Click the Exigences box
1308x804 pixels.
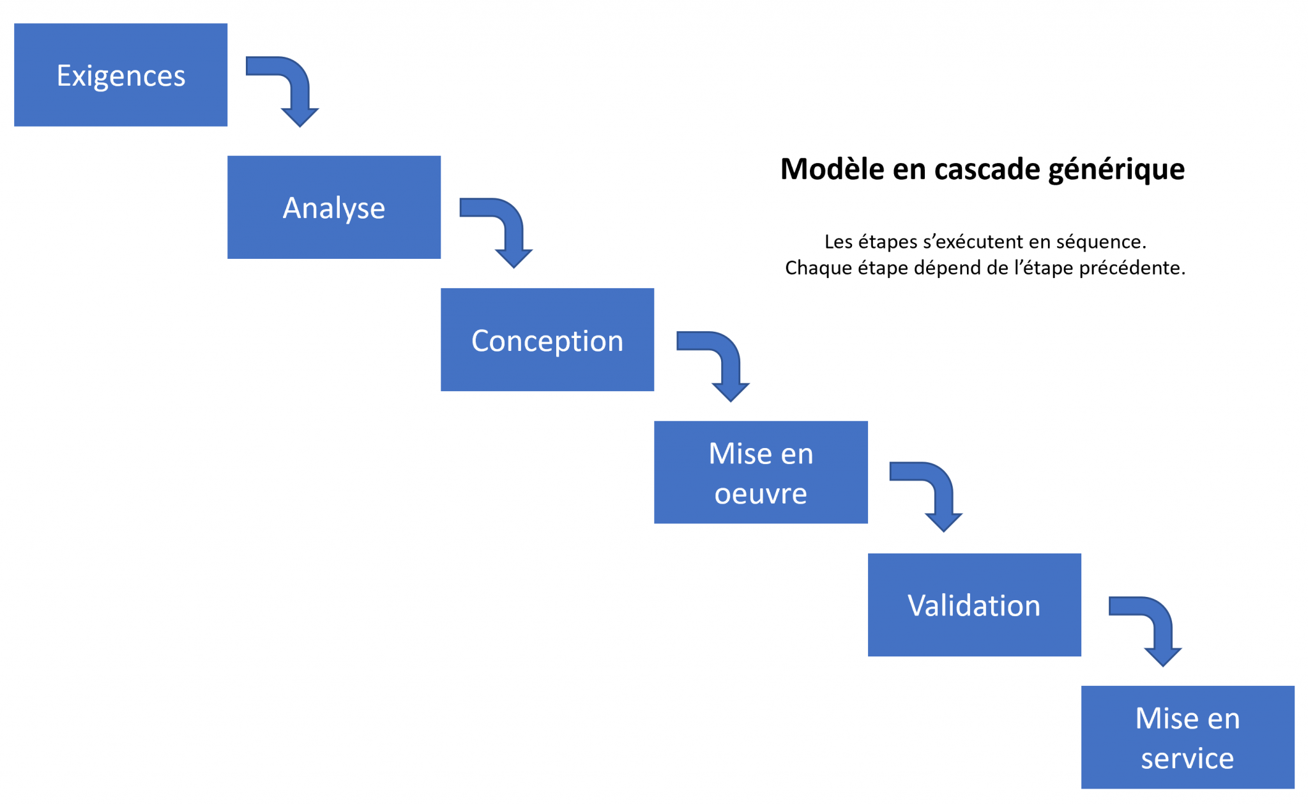121,75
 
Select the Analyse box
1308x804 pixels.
334,207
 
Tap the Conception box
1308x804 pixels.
547,339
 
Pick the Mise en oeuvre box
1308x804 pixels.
761,472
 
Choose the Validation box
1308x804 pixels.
974,605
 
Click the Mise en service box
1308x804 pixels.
1187,737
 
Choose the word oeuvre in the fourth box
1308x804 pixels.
761,493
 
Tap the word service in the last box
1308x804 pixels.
1187,758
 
